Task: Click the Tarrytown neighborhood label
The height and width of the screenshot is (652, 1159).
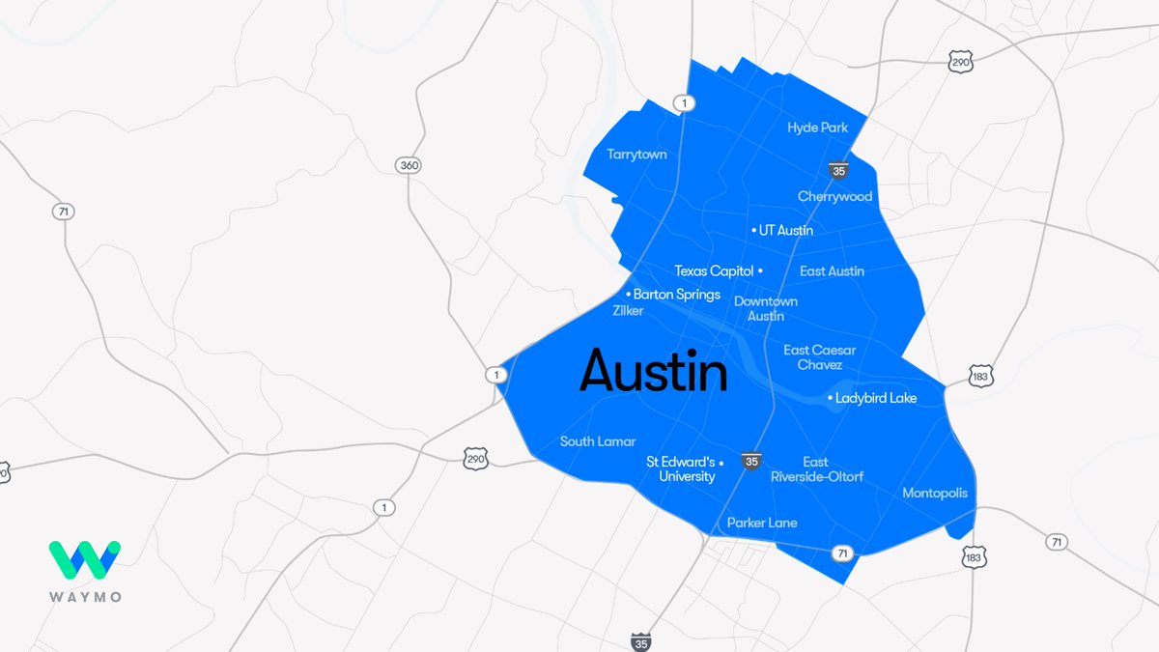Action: pyautogui.click(x=636, y=155)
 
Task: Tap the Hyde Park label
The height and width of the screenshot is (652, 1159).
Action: pyautogui.click(x=817, y=128)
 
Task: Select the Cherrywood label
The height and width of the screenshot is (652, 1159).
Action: pyautogui.click(x=834, y=197)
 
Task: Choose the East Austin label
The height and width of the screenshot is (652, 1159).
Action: pyautogui.click(x=832, y=271)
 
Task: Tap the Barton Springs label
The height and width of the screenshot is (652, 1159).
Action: pyautogui.click(x=676, y=295)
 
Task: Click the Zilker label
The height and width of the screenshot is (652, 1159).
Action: pyautogui.click(x=628, y=311)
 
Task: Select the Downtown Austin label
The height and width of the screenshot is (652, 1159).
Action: pyautogui.click(x=766, y=308)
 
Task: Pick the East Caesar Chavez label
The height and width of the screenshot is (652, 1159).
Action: pyautogui.click(x=819, y=357)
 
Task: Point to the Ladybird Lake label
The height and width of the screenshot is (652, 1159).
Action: pyautogui.click(x=875, y=398)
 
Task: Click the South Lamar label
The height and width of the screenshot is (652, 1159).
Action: pyautogui.click(x=598, y=441)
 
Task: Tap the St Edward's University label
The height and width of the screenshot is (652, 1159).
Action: pyautogui.click(x=681, y=468)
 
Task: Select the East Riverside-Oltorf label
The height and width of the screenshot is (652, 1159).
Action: pyautogui.click(x=816, y=469)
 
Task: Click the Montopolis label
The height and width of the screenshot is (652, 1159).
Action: pyautogui.click(x=935, y=494)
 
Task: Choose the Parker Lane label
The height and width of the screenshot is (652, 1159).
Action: pyautogui.click(x=762, y=523)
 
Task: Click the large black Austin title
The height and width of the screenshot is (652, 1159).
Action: pyautogui.click(x=653, y=372)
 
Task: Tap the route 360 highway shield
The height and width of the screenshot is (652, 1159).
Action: pyautogui.click(x=409, y=165)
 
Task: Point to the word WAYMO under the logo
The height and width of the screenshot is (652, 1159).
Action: pyautogui.click(x=85, y=597)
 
